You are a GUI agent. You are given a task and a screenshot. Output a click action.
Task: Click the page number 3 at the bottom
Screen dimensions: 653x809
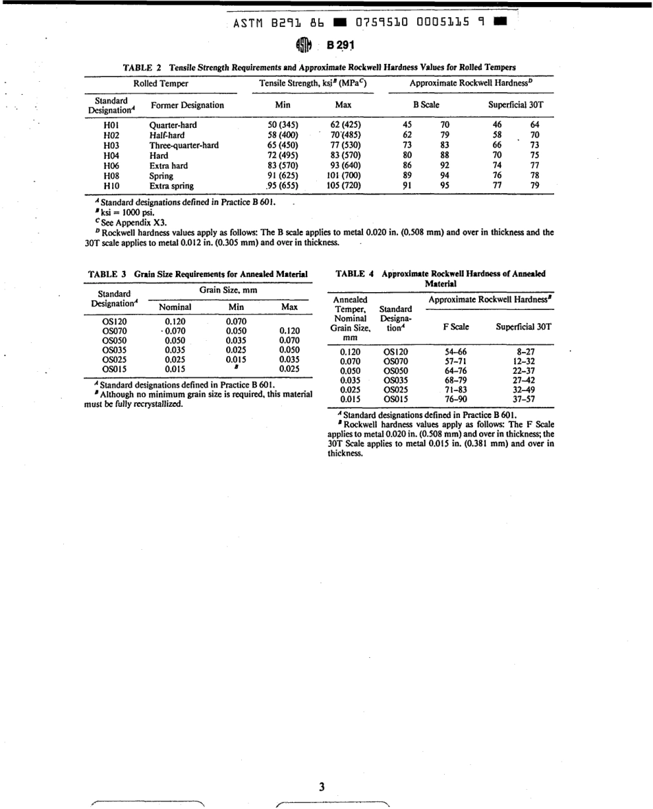tap(322, 787)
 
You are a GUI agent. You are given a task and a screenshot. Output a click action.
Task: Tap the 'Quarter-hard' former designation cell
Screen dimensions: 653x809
tap(173, 125)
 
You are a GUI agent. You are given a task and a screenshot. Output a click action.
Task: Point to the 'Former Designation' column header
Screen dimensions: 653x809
tap(187, 105)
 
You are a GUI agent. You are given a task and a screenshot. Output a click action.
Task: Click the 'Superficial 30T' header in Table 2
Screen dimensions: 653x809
tap(516, 105)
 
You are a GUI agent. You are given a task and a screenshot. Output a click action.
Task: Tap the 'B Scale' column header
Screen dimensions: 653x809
tap(425, 105)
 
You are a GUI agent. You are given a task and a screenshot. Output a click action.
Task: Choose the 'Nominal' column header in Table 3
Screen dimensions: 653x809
tap(175, 307)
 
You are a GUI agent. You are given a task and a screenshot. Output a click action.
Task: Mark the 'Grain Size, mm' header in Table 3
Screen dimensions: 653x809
tap(228, 291)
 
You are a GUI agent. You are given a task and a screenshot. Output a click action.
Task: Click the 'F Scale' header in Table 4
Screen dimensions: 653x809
tap(456, 326)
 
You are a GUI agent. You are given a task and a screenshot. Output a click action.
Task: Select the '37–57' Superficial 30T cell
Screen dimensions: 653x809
tap(525, 399)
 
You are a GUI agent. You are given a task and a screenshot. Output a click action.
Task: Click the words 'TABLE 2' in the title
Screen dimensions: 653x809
tap(142, 67)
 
